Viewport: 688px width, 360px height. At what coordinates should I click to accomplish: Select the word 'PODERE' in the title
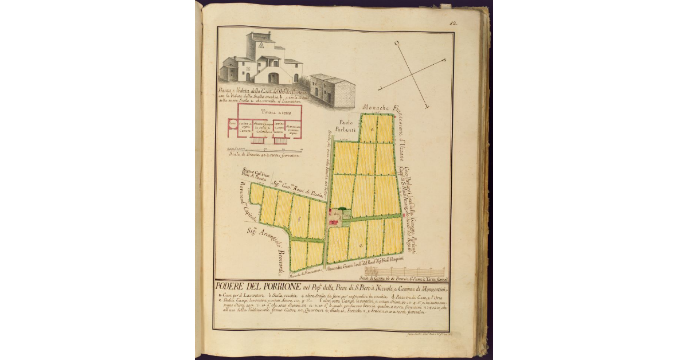(x=227, y=287)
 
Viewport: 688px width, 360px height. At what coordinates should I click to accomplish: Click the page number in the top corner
(x=452, y=24)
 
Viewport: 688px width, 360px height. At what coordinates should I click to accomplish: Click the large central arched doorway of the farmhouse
(x=273, y=77)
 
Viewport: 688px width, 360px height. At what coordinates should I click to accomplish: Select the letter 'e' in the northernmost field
(x=372, y=130)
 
